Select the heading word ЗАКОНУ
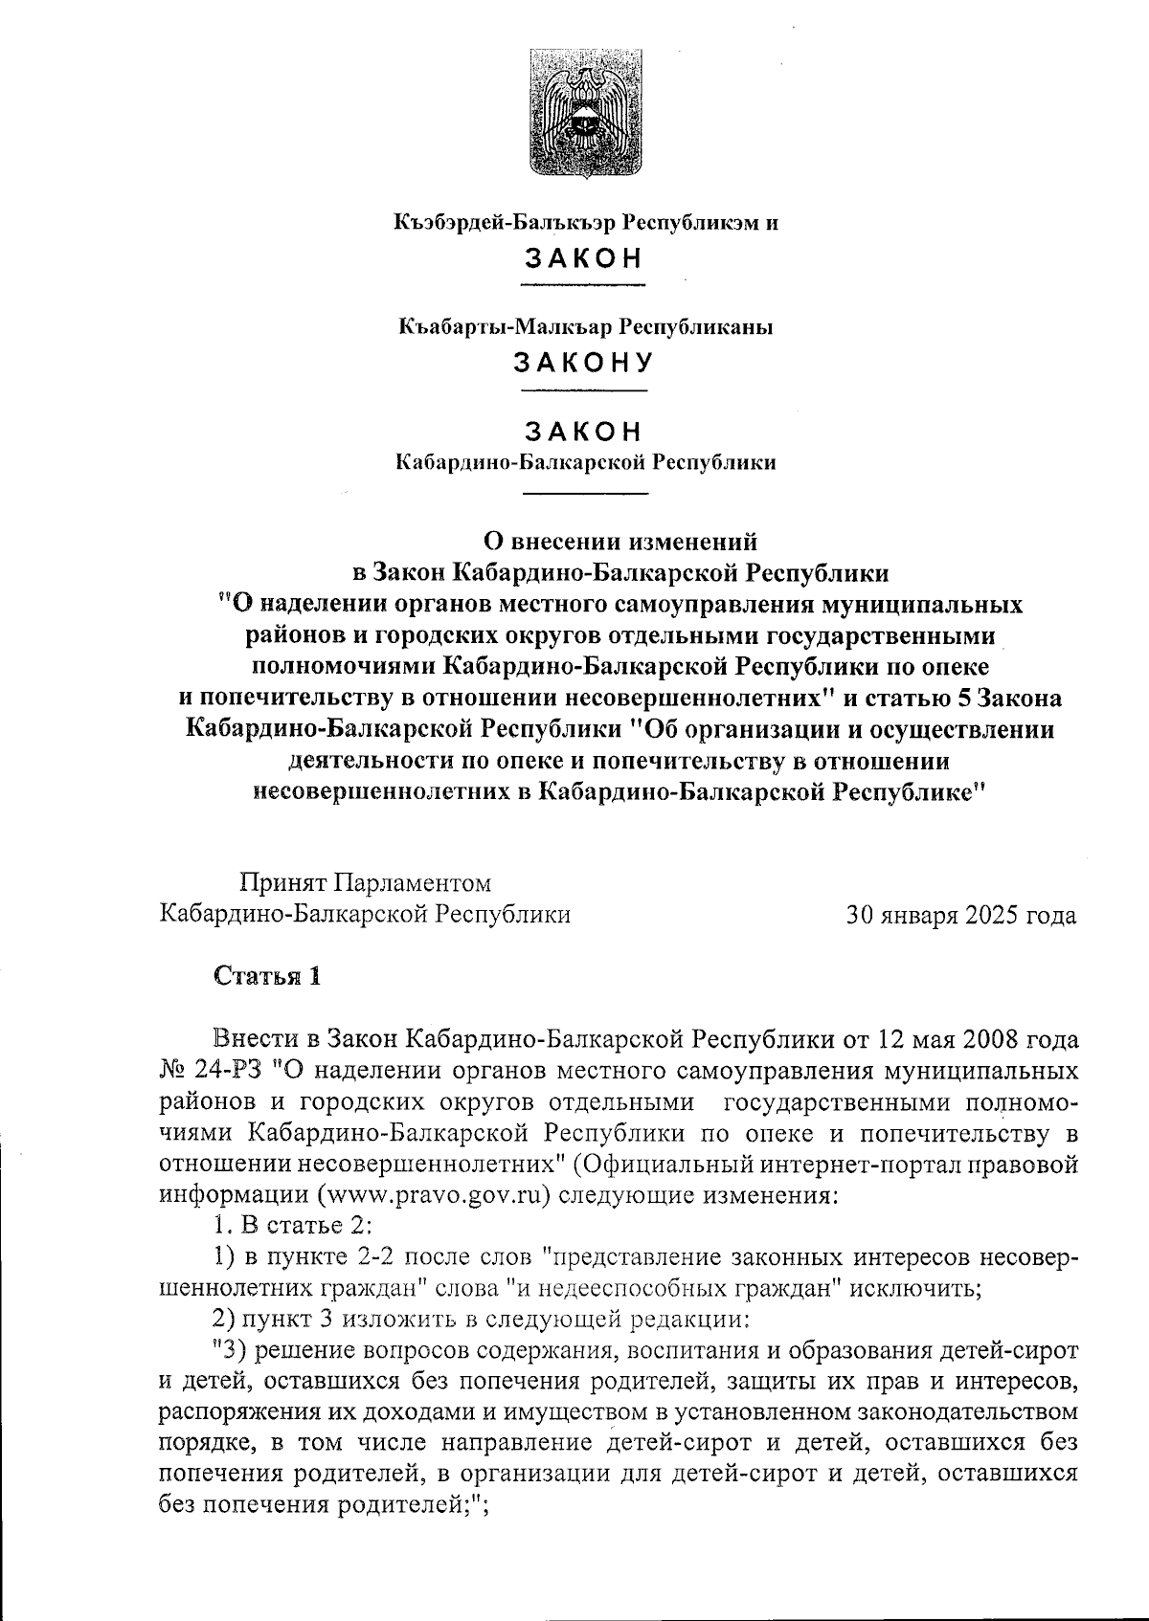click(584, 363)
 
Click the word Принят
click(281, 881)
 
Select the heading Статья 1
click(267, 977)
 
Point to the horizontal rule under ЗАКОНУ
click(584, 390)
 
